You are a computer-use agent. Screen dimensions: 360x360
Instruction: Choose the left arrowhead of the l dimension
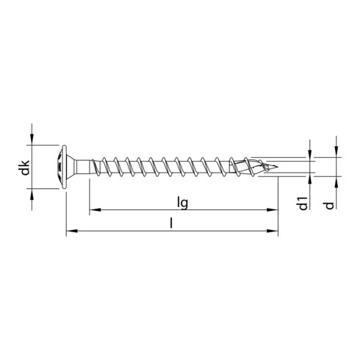click(71, 234)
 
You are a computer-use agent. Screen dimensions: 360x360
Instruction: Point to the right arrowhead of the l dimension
click(276, 234)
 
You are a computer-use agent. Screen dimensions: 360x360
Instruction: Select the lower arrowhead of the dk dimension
click(33, 195)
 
